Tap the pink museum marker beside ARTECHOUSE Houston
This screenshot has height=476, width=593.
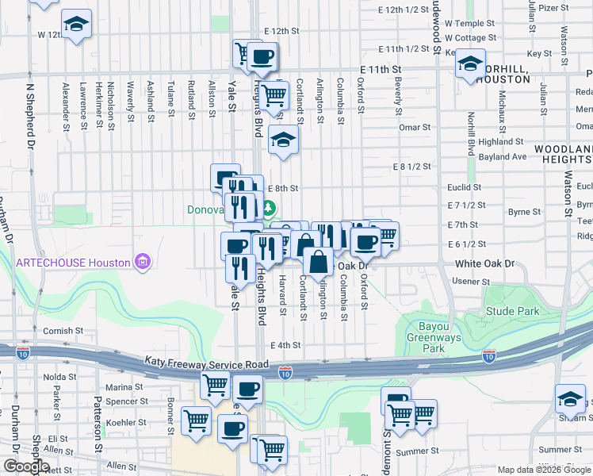[x=143, y=262]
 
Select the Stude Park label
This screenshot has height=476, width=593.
[x=507, y=311]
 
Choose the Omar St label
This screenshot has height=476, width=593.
[x=415, y=127]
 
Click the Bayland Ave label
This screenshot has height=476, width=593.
[x=503, y=157]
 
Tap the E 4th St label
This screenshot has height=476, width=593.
[x=285, y=345]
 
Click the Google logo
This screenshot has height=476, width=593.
[x=26, y=467]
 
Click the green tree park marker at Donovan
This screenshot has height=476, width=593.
[x=270, y=209]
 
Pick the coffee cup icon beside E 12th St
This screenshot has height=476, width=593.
[x=262, y=56]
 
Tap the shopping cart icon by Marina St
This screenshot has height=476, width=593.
[x=215, y=386]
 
